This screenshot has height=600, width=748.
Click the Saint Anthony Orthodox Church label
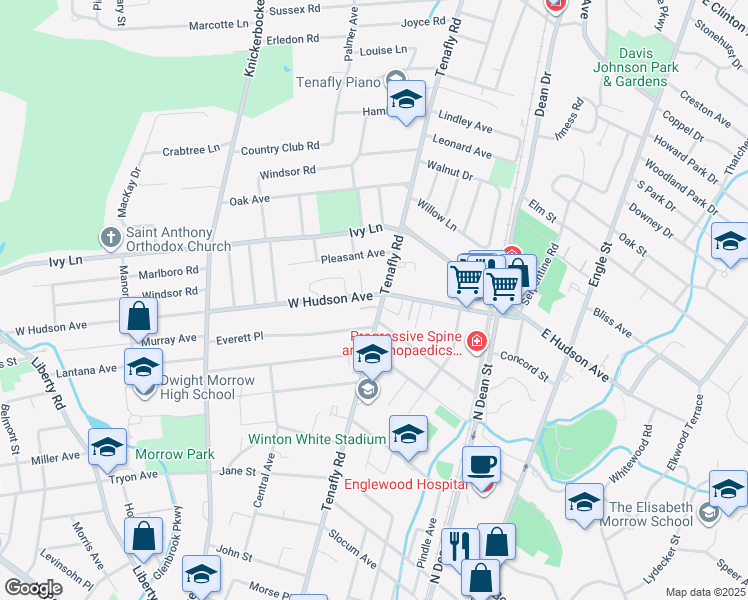[x=178, y=238]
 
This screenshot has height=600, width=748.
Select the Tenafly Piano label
[x=339, y=81]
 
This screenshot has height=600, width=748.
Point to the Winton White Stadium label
[x=318, y=440]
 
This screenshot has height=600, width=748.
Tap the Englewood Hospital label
[x=405, y=485]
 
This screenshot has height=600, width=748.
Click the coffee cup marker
[x=482, y=463]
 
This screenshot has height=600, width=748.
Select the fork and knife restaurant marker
[x=459, y=545]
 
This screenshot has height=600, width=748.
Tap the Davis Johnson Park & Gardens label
[x=642, y=60]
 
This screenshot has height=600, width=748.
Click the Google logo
[x=33, y=588]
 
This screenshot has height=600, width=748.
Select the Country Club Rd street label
[x=280, y=150]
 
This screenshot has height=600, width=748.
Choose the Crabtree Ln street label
[x=190, y=151]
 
